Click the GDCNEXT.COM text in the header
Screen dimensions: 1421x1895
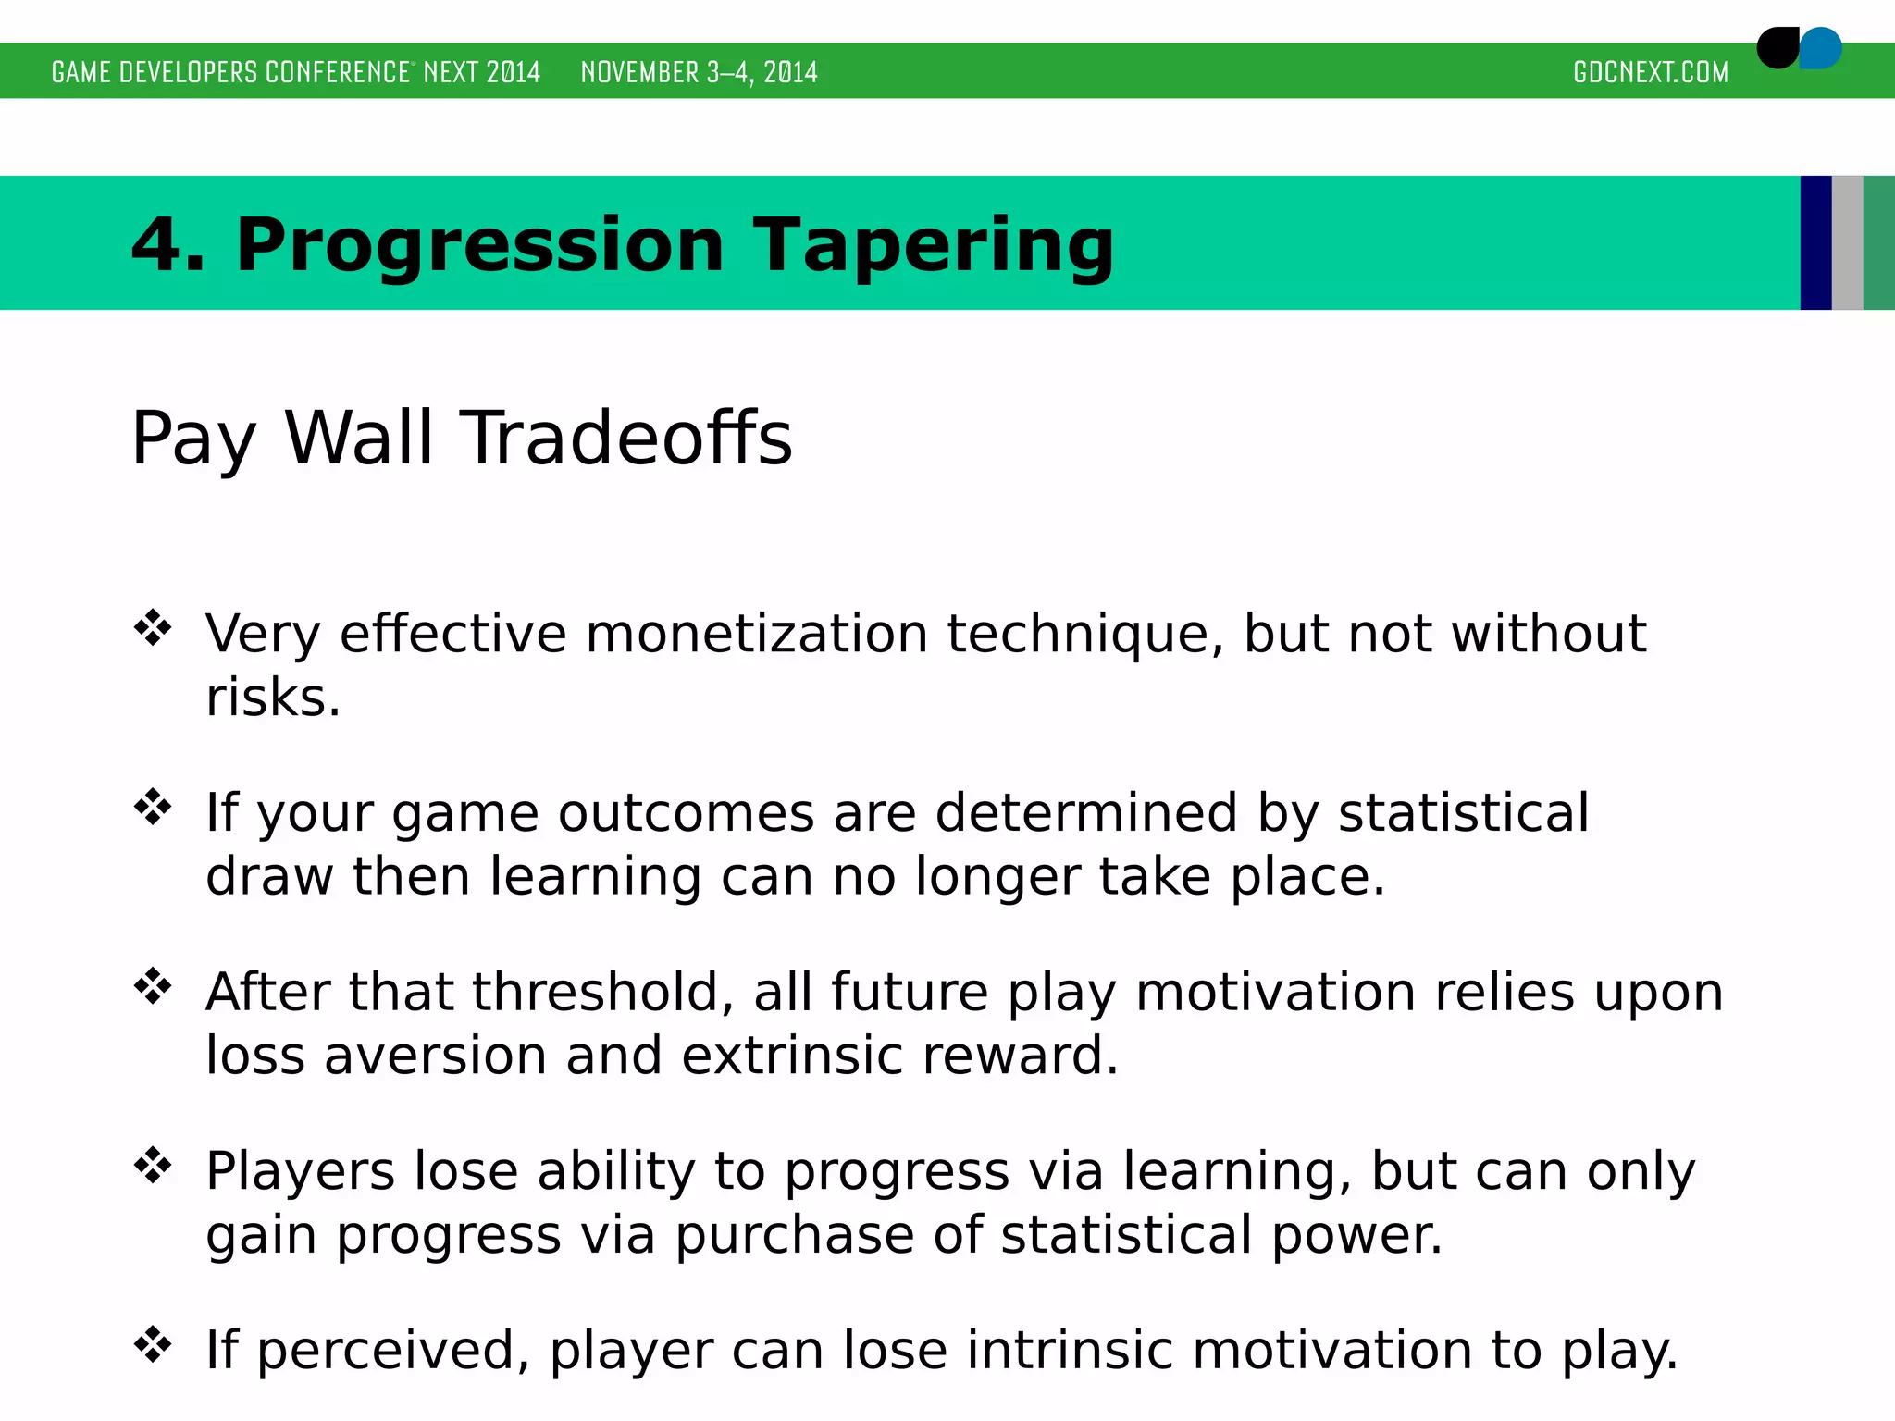1650,72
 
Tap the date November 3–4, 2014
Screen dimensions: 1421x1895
699,72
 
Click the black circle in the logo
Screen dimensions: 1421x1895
1777,48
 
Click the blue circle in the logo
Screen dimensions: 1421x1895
1822,48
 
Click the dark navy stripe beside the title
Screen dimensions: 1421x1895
1815,242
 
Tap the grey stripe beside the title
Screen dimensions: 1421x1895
1847,242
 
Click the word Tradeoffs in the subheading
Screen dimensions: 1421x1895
626,438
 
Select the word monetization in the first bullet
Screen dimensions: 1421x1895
756,635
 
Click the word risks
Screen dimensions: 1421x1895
272,698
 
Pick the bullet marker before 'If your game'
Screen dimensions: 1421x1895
153,808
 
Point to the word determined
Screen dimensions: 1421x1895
1085,813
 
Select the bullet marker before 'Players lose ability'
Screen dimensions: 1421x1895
153,1166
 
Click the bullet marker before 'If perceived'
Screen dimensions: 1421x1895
153,1344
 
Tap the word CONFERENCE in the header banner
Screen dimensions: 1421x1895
337,72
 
